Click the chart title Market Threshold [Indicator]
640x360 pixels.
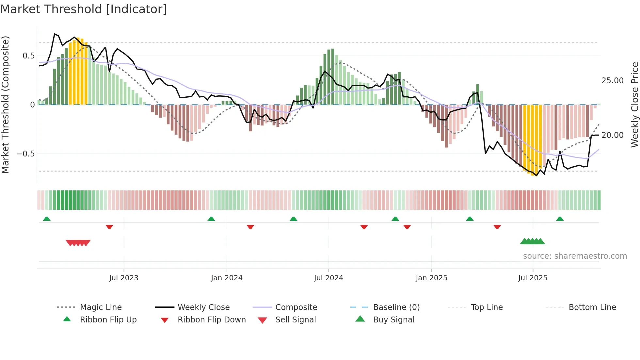(x=84, y=9)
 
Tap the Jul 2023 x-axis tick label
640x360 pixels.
(x=124, y=278)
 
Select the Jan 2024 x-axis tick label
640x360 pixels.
(x=227, y=278)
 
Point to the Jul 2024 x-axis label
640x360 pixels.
(x=328, y=278)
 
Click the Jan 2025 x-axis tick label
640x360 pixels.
(x=431, y=278)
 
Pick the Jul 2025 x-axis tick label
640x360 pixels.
(x=533, y=278)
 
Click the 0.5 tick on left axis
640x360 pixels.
(x=29, y=56)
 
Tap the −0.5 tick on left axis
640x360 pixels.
(x=26, y=154)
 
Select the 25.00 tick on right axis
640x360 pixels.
(x=612, y=81)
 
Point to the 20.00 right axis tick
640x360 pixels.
(x=612, y=135)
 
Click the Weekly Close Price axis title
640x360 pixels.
(x=634, y=105)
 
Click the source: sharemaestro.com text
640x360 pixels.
(x=575, y=256)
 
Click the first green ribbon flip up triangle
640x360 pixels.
(x=47, y=219)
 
